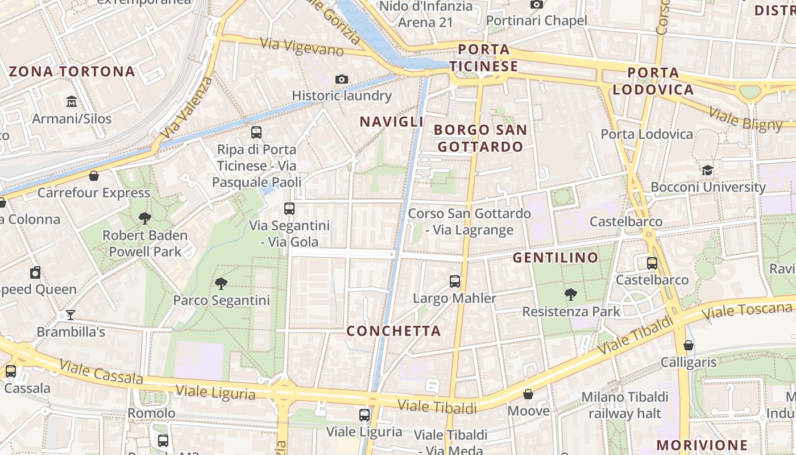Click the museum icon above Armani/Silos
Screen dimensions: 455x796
[72, 102]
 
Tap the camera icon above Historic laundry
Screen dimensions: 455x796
[341, 79]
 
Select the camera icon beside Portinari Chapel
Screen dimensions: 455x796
[536, 5]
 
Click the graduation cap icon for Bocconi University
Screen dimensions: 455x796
[707, 170]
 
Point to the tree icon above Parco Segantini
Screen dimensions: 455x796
[221, 283]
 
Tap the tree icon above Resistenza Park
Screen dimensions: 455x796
[571, 294]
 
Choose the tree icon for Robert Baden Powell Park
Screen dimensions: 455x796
[145, 218]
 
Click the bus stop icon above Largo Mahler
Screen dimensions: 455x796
[454, 281]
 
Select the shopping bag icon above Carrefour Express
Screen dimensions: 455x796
[94, 176]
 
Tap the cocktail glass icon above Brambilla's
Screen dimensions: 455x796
[71, 315]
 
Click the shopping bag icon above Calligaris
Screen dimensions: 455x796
[689, 345]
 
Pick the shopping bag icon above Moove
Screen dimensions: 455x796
[528, 394]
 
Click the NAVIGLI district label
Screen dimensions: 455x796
[392, 122]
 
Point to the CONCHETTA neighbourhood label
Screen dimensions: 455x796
[394, 331]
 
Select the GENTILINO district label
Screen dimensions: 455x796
[555, 258]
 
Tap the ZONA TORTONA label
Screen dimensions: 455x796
[72, 72]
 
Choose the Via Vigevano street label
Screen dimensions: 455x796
[302, 47]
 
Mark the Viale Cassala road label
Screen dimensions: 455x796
[101, 371]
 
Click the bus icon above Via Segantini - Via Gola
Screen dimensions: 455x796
[289, 209]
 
